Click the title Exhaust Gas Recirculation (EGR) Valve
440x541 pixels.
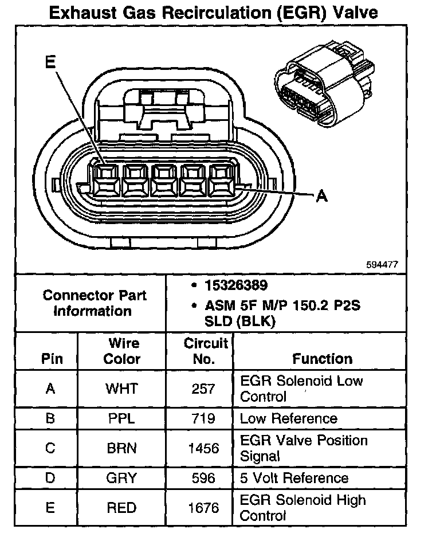click(214, 13)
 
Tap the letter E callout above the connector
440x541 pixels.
click(51, 62)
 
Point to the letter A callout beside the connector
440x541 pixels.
click(322, 196)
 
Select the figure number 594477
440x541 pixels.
click(382, 265)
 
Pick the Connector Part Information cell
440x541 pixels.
click(95, 303)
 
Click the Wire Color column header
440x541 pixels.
click(121, 351)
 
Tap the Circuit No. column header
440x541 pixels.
click(206, 351)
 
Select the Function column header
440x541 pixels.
click(323, 359)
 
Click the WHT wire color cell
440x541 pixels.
click(121, 389)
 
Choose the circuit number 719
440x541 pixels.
click(203, 418)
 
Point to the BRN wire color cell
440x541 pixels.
click(121, 448)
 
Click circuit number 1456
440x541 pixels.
click(203, 448)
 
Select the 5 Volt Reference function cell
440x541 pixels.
click(294, 478)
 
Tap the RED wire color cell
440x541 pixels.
click(121, 508)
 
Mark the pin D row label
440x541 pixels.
click(50, 478)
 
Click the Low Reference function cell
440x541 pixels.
click(289, 418)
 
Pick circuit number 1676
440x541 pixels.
click(203, 508)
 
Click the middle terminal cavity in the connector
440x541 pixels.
click(165, 179)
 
